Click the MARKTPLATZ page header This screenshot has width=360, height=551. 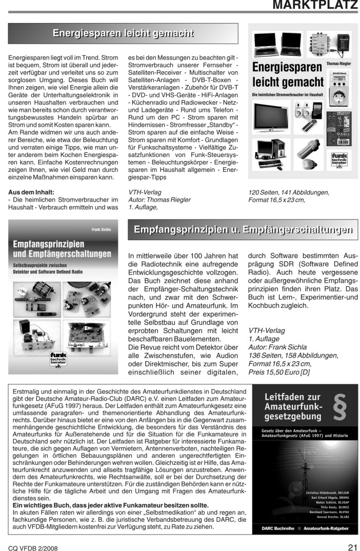point(315,6)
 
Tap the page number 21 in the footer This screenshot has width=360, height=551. point(352,546)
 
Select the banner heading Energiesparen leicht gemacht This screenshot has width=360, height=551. point(123,34)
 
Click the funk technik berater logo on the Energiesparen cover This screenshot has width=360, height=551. point(339,159)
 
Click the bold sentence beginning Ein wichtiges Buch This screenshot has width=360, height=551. point(102,505)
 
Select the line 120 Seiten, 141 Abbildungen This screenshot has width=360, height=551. point(288,192)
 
